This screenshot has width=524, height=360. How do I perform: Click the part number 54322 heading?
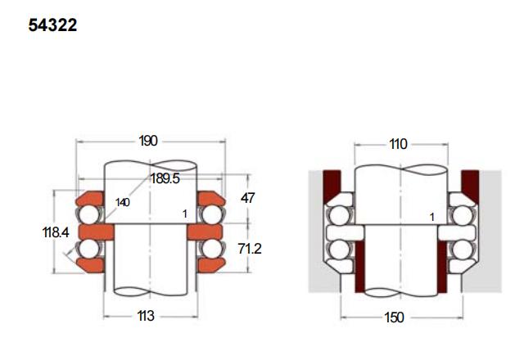click(x=52, y=25)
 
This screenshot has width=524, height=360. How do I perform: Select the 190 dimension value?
click(x=148, y=141)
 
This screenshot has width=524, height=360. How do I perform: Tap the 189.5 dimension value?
click(x=165, y=178)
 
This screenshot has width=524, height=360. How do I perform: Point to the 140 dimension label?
click(x=123, y=202)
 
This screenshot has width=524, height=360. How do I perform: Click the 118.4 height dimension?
click(x=56, y=232)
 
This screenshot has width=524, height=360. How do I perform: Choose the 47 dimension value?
click(x=247, y=198)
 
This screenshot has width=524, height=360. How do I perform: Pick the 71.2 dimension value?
click(x=249, y=249)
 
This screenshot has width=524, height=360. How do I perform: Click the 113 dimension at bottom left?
click(x=146, y=316)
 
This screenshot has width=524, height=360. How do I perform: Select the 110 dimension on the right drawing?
click(x=399, y=144)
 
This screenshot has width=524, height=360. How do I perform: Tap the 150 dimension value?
click(x=395, y=317)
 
